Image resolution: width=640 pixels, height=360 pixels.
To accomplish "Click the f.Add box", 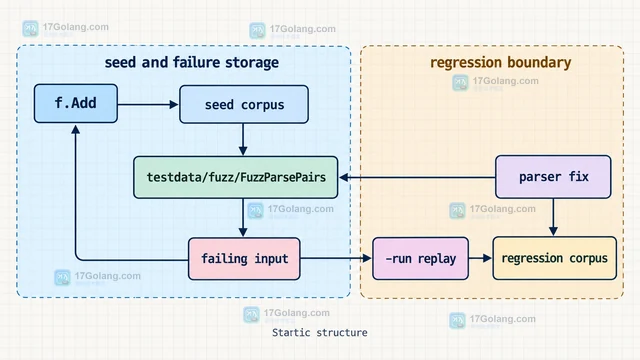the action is tap(76, 103).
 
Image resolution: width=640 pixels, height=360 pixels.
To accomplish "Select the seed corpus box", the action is tap(244, 104).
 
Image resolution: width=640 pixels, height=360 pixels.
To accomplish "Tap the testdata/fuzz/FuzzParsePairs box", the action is tap(236, 177).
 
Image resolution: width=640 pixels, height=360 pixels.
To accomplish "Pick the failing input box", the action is tap(244, 259).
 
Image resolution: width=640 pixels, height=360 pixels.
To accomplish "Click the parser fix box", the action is tap(553, 177).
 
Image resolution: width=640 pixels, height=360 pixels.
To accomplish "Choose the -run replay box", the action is tap(420, 258).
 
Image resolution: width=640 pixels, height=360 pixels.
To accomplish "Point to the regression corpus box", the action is tap(554, 258).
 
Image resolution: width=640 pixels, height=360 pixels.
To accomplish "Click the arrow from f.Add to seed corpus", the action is tap(148, 104).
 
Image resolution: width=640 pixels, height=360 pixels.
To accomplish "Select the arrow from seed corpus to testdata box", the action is tap(243, 140).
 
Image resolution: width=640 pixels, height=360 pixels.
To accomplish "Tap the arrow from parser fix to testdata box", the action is tap(417, 177).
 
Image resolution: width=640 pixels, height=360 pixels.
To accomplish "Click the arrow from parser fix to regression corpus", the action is tap(553, 217).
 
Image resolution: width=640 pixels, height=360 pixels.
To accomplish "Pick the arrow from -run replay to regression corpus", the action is tap(480, 258).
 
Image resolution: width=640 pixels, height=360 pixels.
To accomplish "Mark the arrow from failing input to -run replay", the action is tap(336, 258).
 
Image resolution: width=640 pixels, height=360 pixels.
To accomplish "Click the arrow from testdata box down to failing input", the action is tap(243, 218).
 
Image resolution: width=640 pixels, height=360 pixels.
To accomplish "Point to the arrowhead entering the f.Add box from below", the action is tap(76, 129).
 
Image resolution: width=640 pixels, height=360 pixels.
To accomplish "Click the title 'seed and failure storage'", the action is tap(191, 62).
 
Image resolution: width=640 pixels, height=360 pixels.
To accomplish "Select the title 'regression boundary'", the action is tap(500, 62).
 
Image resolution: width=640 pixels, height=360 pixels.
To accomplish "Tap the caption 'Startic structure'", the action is tap(320, 333).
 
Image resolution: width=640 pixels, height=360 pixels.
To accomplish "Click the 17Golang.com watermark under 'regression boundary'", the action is tap(496, 82).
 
